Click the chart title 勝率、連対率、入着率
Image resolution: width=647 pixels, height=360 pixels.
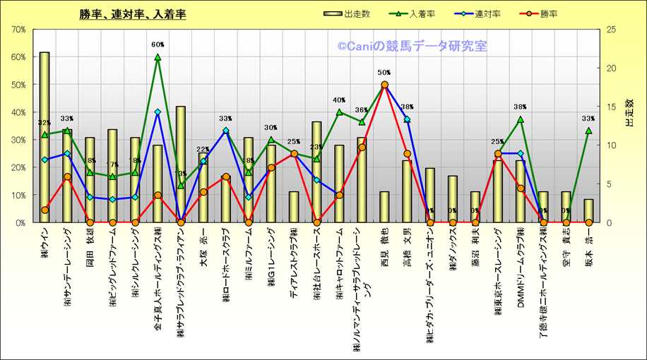click(x=133, y=14)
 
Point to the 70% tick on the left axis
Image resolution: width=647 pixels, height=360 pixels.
click(x=18, y=30)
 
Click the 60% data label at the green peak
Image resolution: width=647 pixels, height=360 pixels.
click(x=158, y=45)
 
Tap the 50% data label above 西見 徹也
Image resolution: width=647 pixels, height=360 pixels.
click(x=384, y=73)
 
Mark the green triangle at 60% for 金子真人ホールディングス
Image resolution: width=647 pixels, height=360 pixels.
click(x=158, y=57)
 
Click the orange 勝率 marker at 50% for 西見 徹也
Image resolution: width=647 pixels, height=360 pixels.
click(x=384, y=85)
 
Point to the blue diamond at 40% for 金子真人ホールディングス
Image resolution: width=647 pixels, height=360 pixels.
click(x=158, y=112)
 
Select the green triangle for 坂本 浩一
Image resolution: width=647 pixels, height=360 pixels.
click(x=588, y=131)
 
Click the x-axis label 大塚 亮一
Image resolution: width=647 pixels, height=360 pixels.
click(x=203, y=246)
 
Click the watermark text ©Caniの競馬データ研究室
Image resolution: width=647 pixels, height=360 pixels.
click(x=412, y=47)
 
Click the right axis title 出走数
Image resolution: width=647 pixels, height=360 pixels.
click(x=629, y=113)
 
